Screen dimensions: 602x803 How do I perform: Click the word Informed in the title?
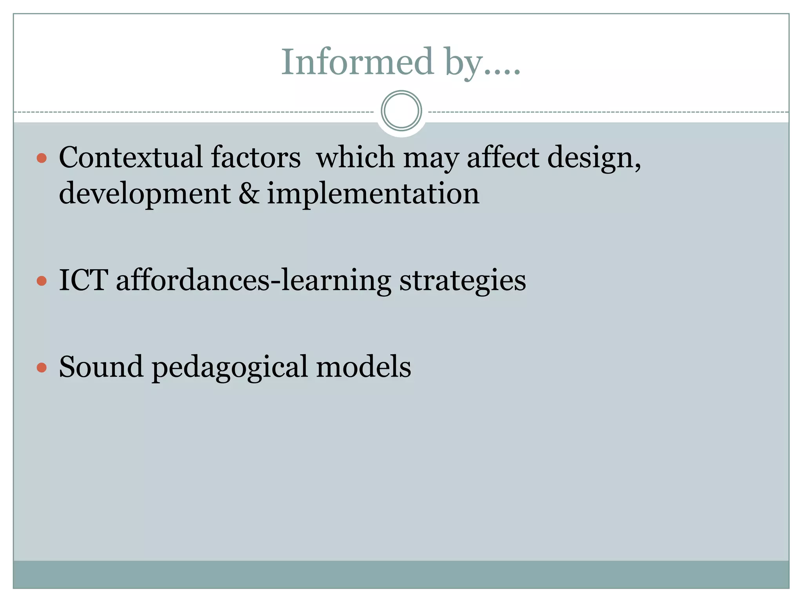click(357, 62)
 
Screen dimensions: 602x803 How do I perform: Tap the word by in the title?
click(464, 63)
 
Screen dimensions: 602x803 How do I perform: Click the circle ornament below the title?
click(401, 111)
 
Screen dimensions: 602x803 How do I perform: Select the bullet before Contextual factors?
click(42, 158)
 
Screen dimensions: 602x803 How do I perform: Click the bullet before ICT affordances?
click(42, 281)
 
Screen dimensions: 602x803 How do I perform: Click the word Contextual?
click(131, 157)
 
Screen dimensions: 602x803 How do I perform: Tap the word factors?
click(256, 157)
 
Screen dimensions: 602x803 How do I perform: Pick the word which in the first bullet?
click(355, 157)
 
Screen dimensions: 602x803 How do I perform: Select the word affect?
click(503, 157)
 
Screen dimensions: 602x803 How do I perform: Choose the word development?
click(145, 194)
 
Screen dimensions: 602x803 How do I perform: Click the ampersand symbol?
click(249, 193)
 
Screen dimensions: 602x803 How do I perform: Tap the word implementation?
click(373, 194)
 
